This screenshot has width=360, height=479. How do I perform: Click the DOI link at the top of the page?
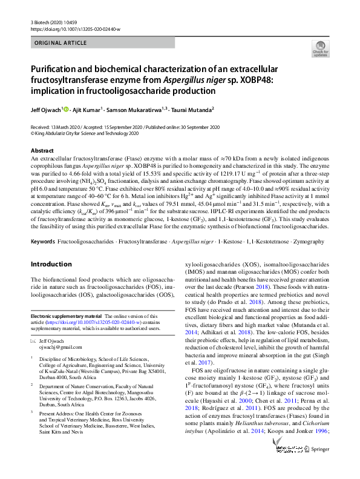[x=76, y=28]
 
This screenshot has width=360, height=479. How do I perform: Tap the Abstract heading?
[x=42, y=150]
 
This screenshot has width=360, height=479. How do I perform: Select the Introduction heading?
[x=51, y=264]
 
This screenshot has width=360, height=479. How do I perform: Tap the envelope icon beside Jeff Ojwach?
[x=33, y=341]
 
